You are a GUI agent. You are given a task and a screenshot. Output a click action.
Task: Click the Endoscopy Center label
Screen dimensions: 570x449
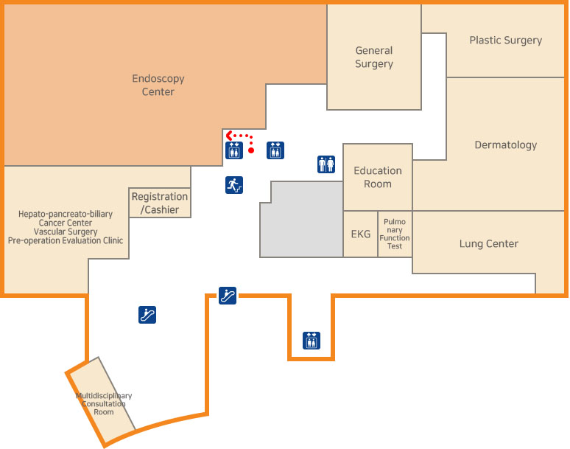(x=158, y=85)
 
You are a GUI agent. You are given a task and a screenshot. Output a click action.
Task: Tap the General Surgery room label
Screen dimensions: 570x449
(x=374, y=57)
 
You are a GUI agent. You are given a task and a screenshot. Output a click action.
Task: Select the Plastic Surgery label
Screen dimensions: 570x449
(x=506, y=40)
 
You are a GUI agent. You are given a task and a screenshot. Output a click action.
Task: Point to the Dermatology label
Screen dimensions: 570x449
(x=506, y=145)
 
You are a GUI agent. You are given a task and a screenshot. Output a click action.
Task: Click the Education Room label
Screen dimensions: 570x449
(x=378, y=177)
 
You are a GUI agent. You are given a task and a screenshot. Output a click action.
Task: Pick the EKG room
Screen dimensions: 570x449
(x=361, y=234)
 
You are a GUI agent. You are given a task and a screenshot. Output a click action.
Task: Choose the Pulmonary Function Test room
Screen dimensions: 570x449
(x=395, y=234)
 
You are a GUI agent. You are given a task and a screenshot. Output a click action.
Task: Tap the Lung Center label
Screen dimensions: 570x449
(x=488, y=243)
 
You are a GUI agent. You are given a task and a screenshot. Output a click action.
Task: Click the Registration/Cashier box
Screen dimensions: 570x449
(x=160, y=203)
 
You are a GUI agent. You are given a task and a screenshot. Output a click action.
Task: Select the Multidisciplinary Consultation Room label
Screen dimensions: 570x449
(x=104, y=404)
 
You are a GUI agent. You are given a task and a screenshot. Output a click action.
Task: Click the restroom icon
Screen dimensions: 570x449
(x=326, y=164)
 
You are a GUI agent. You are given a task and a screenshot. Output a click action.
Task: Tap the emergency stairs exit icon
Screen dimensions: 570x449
(x=234, y=185)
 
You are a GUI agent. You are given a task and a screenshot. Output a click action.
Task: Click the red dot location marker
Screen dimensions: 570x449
(x=251, y=150)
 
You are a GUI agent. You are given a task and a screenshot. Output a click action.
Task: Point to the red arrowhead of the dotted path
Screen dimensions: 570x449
(x=229, y=136)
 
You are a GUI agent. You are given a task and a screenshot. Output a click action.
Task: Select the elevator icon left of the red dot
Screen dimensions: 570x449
(x=234, y=150)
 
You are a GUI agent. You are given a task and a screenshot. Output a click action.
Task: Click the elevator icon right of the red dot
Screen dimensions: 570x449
(x=275, y=150)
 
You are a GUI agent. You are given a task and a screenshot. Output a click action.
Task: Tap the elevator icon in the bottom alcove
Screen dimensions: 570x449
(x=312, y=341)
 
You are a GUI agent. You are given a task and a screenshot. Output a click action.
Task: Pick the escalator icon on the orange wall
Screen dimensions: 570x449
(x=228, y=296)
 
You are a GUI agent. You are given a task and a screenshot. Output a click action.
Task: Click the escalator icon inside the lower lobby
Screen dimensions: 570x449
(x=147, y=315)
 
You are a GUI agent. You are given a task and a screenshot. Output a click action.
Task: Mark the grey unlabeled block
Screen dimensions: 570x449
(x=302, y=220)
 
